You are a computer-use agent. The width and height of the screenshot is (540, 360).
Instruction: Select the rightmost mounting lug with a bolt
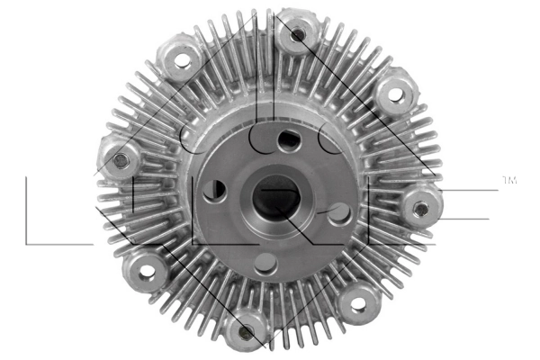click(420, 208)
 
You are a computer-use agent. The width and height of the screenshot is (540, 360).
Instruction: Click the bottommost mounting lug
click(243, 332)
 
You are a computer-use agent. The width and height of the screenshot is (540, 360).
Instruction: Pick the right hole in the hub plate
click(338, 213)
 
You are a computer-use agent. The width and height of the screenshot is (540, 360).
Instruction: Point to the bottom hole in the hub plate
click(263, 263)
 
